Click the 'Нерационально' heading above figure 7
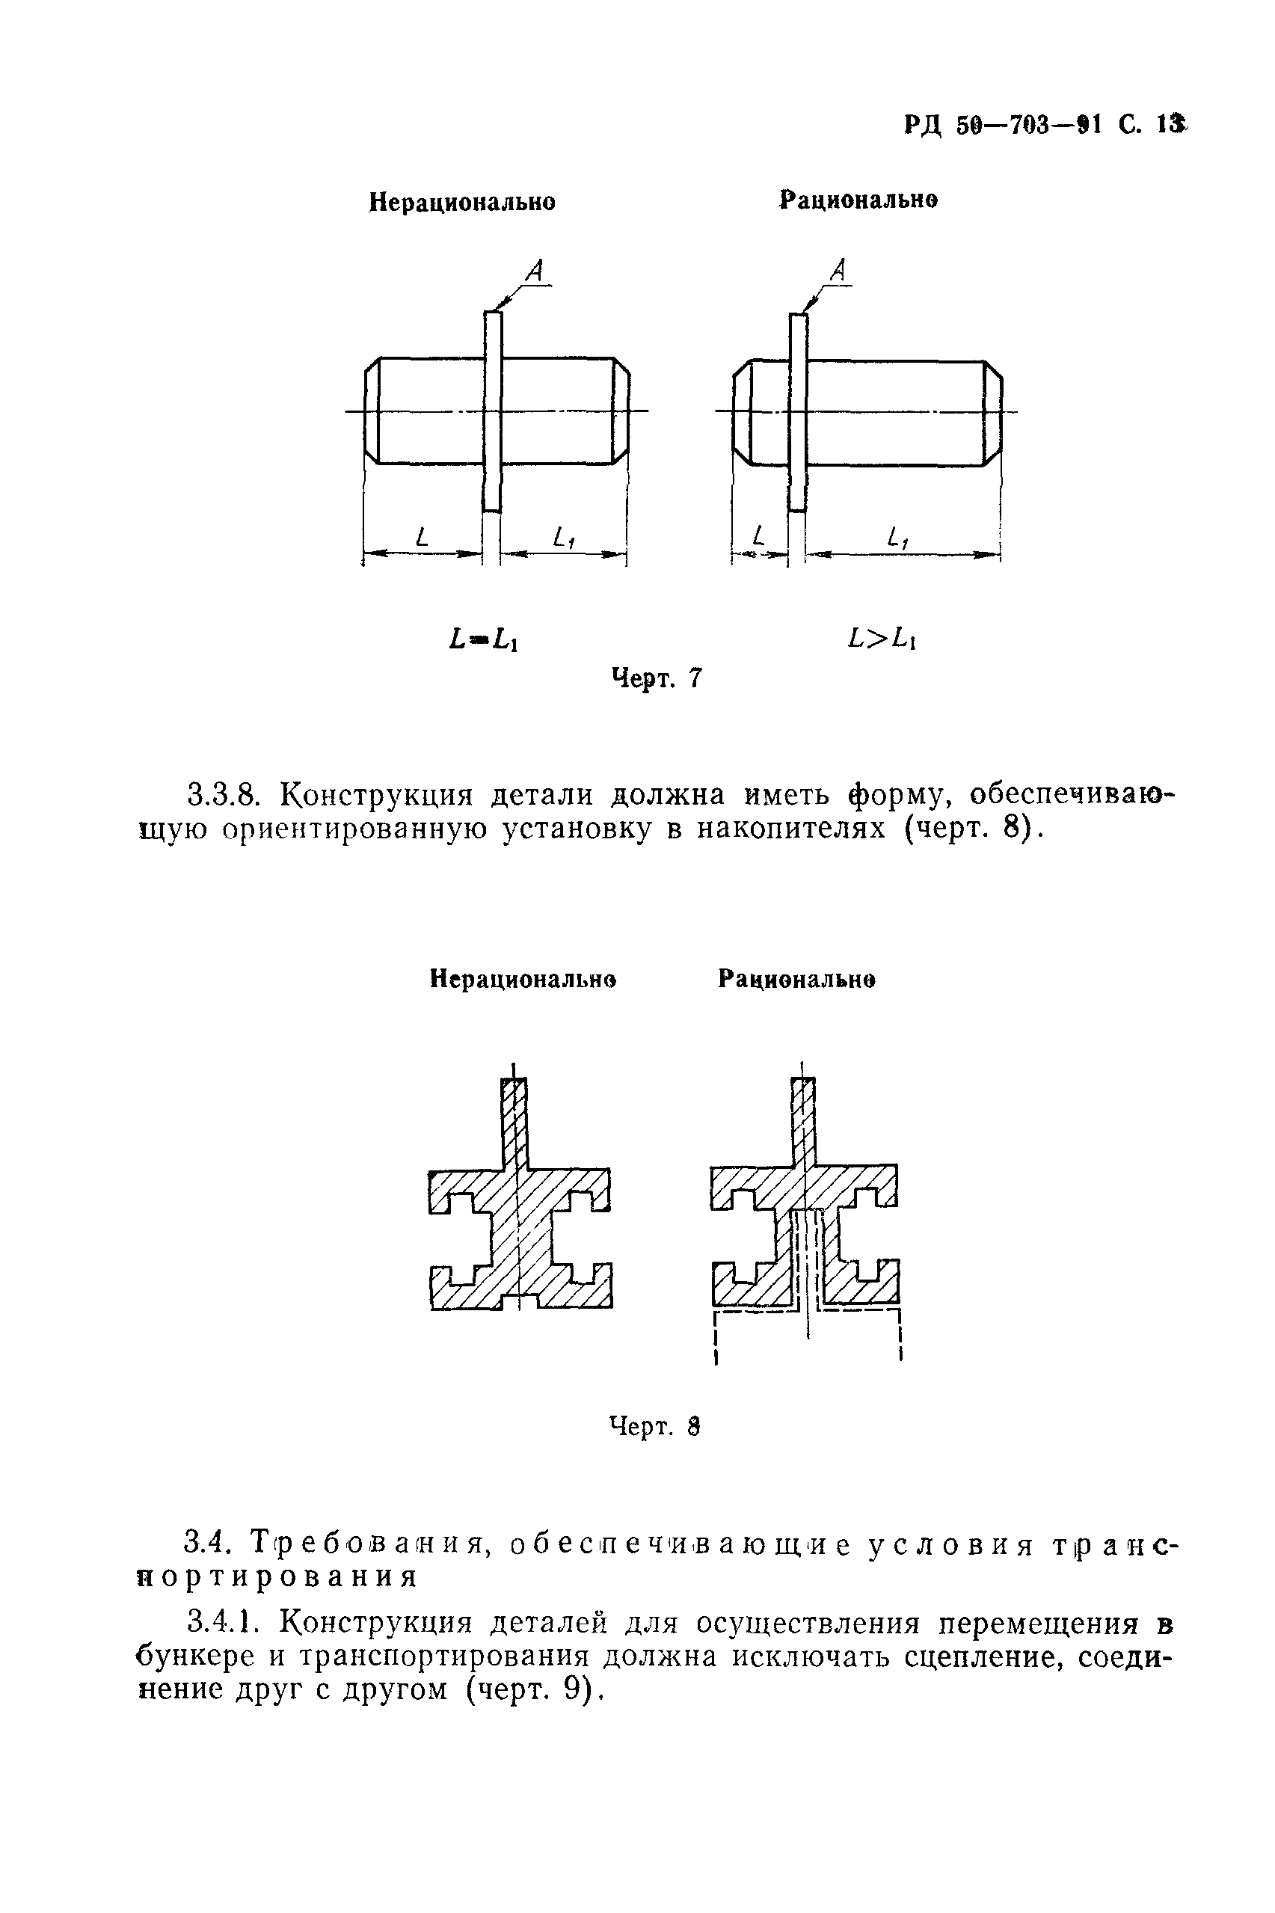462,202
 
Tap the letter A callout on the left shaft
534,271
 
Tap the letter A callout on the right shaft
839,270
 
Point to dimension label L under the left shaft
420,535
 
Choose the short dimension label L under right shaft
759,535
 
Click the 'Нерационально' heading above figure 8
523,980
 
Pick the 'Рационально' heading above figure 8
796,980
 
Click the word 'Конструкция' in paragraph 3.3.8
376,794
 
